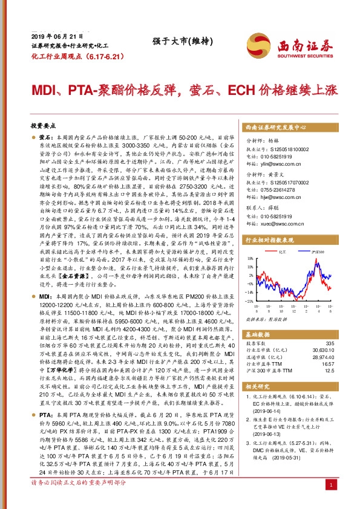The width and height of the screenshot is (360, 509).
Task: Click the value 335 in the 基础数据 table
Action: click(x=329, y=343)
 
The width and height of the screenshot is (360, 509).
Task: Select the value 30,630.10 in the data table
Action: click(x=322, y=350)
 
